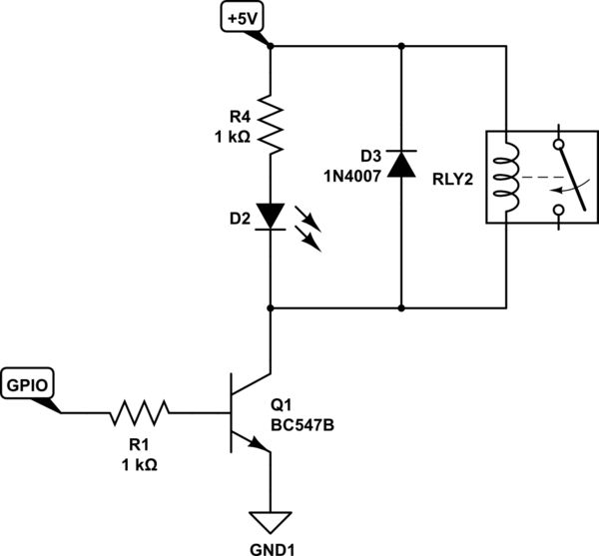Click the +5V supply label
[x=243, y=18]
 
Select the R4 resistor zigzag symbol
[x=272, y=122]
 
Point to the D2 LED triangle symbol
[x=272, y=215]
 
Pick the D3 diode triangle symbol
[x=401, y=162]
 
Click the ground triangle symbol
[x=272, y=522]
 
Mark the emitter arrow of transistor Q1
[x=262, y=447]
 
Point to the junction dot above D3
[x=401, y=46]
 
